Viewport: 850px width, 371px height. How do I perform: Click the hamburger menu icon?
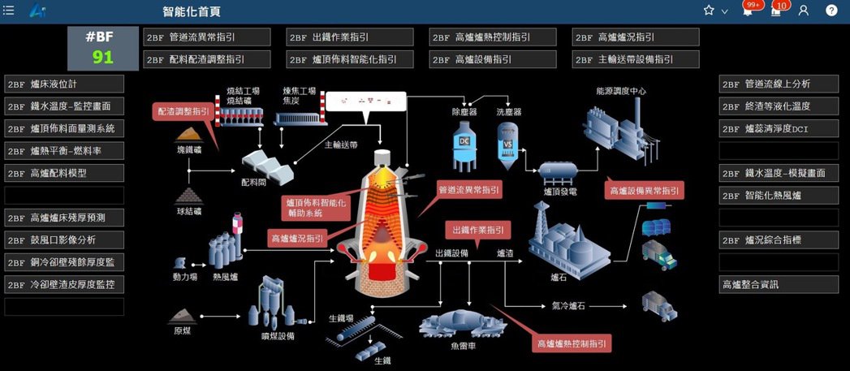[9, 11]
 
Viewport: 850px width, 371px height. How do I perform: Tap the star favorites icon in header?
[709, 11]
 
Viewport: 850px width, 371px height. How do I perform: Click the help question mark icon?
[831, 11]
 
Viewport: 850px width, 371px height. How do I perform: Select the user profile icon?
[804, 11]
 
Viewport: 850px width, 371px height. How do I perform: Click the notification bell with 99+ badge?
[748, 11]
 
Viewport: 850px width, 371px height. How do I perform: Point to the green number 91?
[103, 57]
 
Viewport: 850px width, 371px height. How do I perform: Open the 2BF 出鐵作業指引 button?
[351, 37]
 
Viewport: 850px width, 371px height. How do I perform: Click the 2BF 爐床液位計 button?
[65, 84]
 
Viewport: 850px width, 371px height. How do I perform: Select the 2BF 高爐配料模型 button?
[65, 173]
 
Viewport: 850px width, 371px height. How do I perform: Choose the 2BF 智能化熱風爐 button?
[779, 195]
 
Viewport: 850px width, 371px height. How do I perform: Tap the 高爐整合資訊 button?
[779, 284]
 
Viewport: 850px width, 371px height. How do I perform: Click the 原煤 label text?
[183, 331]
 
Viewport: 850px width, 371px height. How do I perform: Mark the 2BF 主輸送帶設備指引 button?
[636, 59]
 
